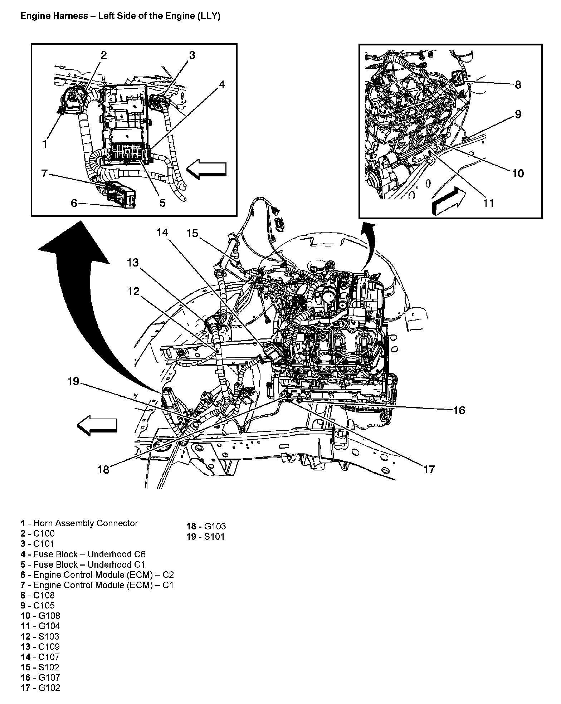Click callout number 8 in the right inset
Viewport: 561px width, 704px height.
click(518, 85)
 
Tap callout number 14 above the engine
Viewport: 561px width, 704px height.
click(162, 233)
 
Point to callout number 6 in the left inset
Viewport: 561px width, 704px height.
click(74, 203)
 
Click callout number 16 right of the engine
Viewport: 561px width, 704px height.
click(459, 410)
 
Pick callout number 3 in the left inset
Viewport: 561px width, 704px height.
click(192, 55)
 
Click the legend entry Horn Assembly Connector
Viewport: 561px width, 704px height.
click(79, 523)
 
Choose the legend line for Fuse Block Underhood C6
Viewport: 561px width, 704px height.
click(83, 554)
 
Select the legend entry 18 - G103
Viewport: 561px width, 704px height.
click(206, 526)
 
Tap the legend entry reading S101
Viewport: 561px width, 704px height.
click(206, 537)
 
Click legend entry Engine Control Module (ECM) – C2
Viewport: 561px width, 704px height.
click(97, 575)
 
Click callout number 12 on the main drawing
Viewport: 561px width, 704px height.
click(133, 292)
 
